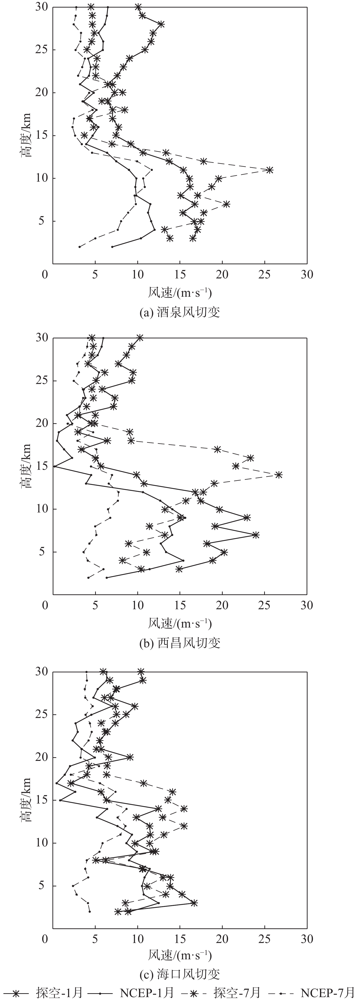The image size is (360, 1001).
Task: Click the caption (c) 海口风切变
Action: point(180,974)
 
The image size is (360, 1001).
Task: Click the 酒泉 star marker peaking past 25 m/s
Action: point(270,170)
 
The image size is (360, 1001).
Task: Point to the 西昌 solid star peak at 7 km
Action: point(255,535)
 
